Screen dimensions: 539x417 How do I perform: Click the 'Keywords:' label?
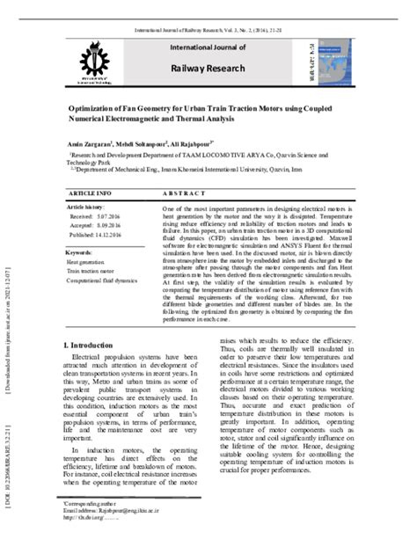(80, 252)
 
